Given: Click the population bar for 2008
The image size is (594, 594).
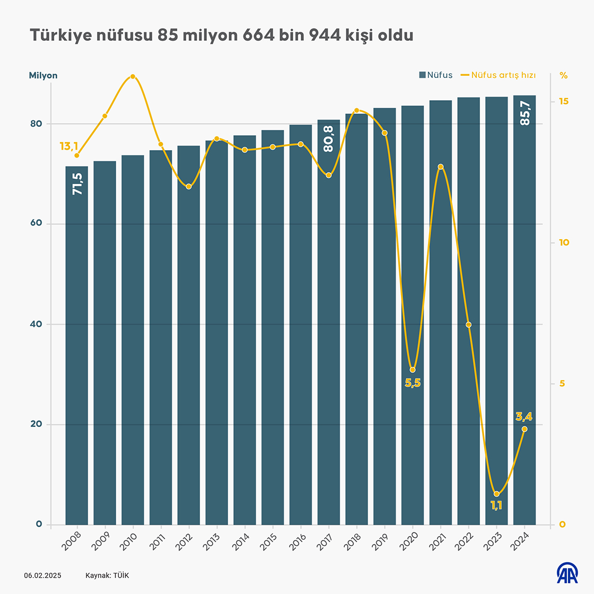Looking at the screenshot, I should pos(77,345).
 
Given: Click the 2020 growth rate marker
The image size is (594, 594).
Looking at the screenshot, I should pos(413,370).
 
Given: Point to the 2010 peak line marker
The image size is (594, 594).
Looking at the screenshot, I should pos(133,76).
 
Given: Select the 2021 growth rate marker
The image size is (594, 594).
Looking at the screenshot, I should pos(441,167).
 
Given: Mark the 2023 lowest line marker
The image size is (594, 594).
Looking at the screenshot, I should pos(496,494).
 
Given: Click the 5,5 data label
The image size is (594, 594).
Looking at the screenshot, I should pos(413,383).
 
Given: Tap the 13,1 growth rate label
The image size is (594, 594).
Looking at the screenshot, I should pos(69,146).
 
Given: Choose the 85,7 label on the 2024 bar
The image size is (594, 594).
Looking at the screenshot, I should pos(525,113).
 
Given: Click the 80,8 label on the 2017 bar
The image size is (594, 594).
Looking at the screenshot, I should pos(329,139).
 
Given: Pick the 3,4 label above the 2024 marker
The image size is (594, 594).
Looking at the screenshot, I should pos(524,417).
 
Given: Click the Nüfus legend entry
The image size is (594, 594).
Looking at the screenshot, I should pos(436,75).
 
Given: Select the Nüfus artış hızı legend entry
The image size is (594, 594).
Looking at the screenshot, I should pos(498,75).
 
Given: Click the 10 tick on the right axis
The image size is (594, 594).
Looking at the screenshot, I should pos(564,242).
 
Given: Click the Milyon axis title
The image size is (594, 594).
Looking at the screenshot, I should pos(43,75).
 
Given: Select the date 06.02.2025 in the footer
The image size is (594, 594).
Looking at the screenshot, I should pos(42,575).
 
